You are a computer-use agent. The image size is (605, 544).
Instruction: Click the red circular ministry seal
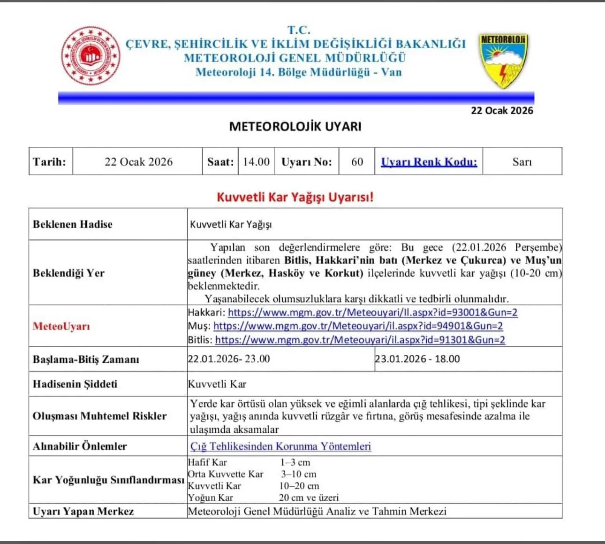(91, 55)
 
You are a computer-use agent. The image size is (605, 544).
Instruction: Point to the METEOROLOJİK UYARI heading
(295, 126)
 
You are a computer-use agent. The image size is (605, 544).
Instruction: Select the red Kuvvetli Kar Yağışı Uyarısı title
(295, 197)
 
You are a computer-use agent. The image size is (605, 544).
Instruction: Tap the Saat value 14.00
(256, 162)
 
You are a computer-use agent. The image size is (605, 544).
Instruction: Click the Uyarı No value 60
(357, 162)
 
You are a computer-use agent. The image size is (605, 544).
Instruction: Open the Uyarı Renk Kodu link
(429, 162)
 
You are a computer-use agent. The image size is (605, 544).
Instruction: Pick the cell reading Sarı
(522, 162)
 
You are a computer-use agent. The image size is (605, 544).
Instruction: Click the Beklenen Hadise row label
(73, 224)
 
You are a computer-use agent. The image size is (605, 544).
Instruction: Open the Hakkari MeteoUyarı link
(372, 313)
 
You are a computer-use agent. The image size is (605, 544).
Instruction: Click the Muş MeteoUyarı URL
(358, 326)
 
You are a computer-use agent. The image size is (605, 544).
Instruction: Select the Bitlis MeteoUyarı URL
(360, 340)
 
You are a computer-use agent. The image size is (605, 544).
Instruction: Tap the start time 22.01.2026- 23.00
(229, 359)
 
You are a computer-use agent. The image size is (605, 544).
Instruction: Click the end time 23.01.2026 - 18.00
(417, 359)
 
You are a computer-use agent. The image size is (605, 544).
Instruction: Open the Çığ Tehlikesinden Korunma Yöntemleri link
(280, 446)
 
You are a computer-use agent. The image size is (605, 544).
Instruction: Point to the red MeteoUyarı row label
(61, 326)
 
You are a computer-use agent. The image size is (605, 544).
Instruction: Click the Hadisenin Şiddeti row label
(75, 384)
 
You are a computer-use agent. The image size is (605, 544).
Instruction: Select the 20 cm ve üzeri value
(309, 498)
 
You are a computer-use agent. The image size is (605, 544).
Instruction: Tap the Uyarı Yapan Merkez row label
(83, 511)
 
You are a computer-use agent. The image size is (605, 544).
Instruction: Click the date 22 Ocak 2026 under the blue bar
(502, 111)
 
